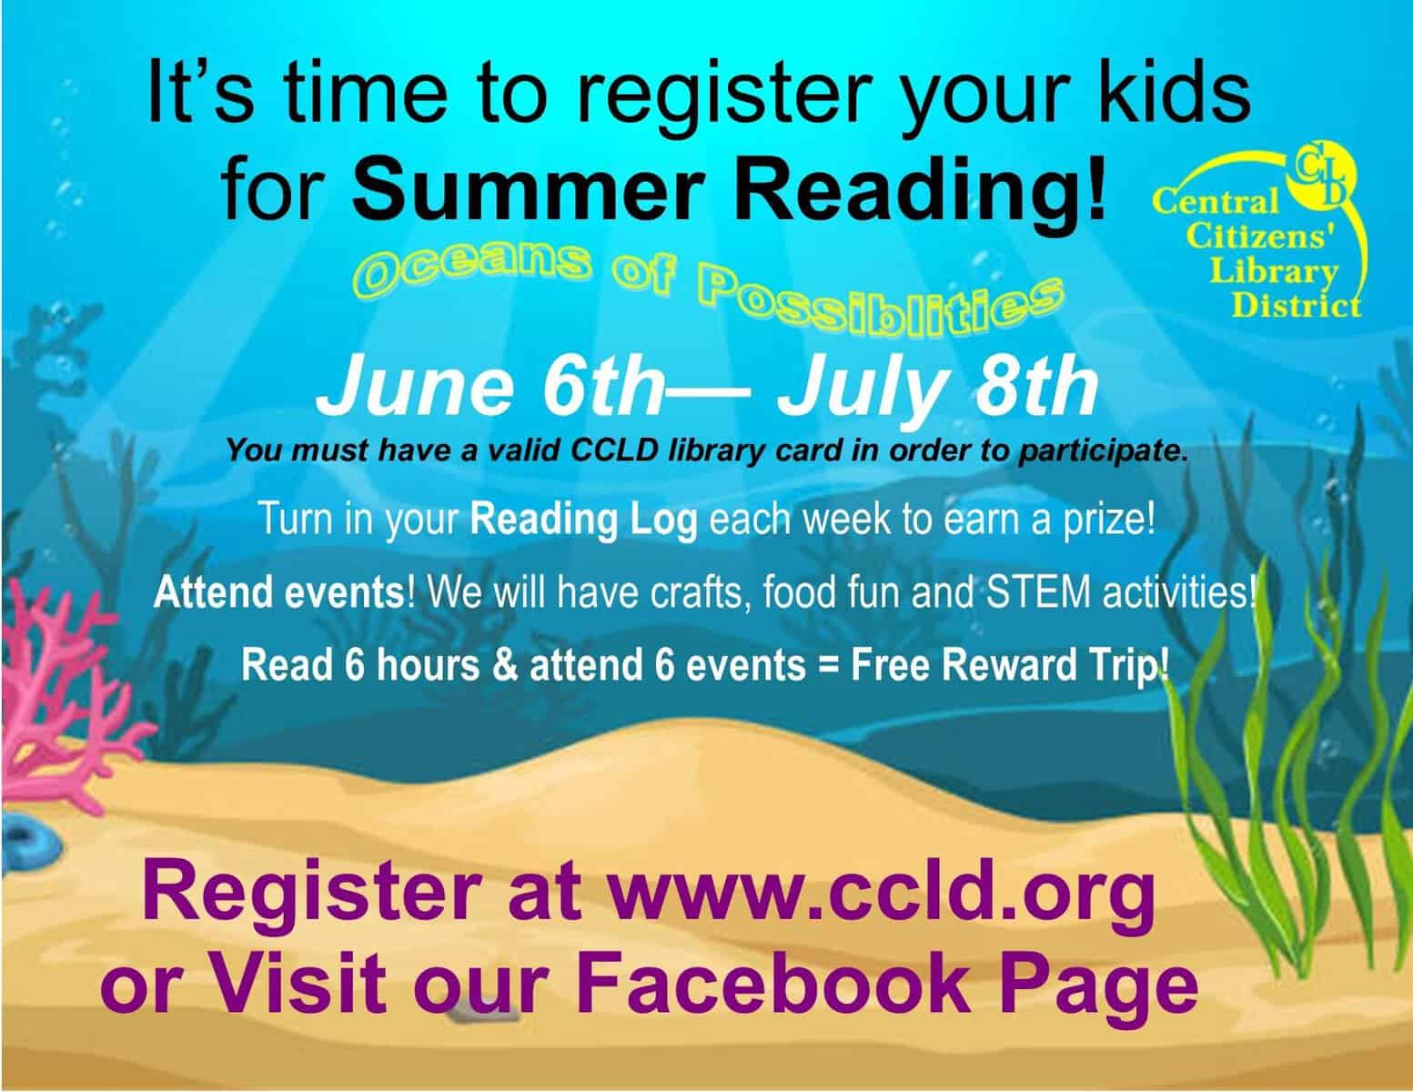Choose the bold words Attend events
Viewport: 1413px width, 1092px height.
click(x=278, y=593)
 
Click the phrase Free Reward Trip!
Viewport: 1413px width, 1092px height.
click(x=1010, y=665)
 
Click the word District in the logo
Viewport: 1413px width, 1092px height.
click(x=1296, y=304)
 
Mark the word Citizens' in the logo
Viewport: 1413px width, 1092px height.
click(x=1277, y=244)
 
